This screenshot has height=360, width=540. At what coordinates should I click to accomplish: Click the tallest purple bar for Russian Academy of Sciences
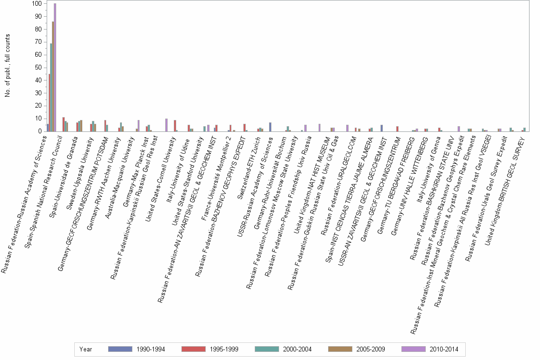[x=55, y=67]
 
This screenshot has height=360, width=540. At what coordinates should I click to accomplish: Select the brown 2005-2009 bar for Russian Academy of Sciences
[x=53, y=76]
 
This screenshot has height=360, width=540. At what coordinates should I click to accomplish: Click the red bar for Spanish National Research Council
[x=63, y=124]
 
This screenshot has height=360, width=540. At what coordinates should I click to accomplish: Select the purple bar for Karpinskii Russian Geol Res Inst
[x=166, y=125]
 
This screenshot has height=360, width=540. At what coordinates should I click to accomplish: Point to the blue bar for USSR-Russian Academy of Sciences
[x=270, y=127]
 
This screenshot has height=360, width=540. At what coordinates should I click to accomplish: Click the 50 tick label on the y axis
[x=37, y=68]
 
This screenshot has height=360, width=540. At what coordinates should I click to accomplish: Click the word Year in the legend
[x=86, y=349]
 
